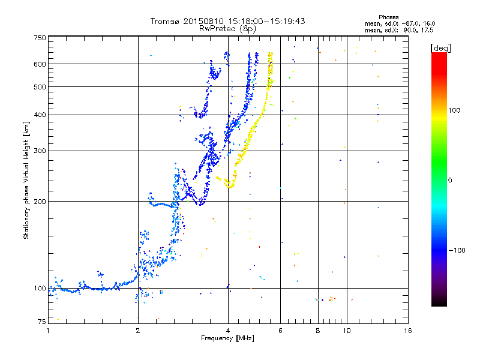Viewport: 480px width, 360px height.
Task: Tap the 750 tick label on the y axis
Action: tap(40, 38)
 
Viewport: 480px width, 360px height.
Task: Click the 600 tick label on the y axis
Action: tap(40, 64)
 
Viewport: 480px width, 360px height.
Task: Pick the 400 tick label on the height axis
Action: tap(40, 115)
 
